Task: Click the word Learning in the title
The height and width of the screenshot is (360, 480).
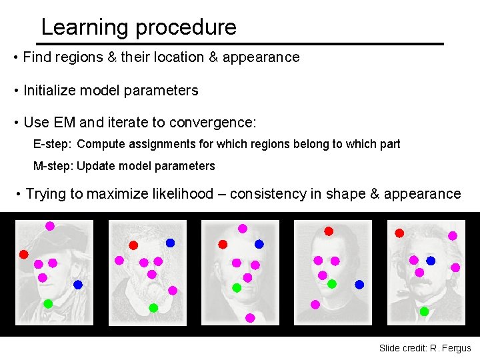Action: click(84, 27)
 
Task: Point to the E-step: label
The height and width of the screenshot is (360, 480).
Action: click(53, 143)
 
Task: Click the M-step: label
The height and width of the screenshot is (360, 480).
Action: click(54, 166)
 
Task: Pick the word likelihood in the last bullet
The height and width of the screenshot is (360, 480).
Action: click(174, 194)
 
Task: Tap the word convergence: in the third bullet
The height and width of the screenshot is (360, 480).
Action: click(213, 123)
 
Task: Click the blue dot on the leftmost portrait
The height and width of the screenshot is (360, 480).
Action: click(78, 285)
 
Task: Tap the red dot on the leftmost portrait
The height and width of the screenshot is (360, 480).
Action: click(23, 254)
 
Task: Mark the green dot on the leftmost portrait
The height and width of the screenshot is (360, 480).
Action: click(48, 303)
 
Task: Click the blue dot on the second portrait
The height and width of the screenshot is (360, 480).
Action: click(170, 243)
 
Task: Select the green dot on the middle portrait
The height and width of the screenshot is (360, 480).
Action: click(236, 288)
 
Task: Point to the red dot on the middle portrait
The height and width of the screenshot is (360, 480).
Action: click(223, 245)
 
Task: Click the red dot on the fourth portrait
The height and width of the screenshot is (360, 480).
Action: click(329, 231)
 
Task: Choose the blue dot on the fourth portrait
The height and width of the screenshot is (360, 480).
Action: click(359, 285)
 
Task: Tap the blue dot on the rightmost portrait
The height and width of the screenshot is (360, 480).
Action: click(431, 261)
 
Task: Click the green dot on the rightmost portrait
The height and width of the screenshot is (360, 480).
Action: click(424, 311)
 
